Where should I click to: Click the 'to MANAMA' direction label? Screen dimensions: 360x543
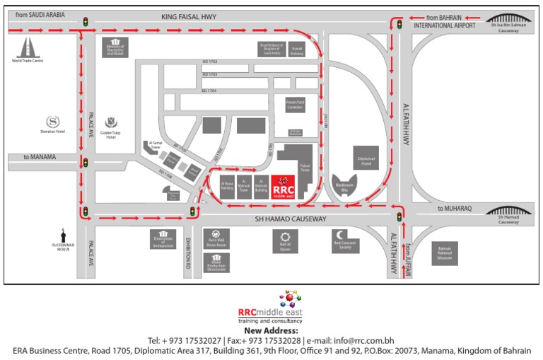coord(40,157)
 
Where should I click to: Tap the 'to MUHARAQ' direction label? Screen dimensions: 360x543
coord(454,209)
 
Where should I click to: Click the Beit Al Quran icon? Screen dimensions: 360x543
coord(286,238)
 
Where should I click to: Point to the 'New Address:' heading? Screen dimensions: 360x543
coord(271,330)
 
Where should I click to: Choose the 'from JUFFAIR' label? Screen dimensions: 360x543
coord(408,253)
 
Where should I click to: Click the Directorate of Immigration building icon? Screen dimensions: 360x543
coord(163,236)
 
